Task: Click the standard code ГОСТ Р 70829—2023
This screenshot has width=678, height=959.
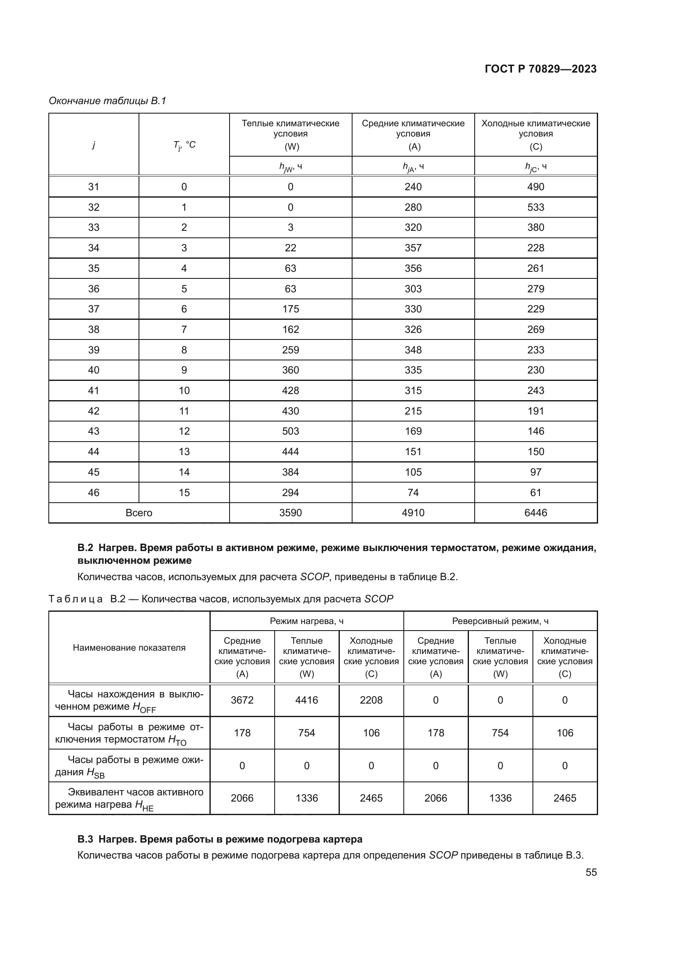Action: (540, 69)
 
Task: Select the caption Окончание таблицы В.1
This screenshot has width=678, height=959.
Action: (107, 101)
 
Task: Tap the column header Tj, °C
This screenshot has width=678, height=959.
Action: (184, 145)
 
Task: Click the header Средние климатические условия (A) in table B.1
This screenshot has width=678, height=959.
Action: (413, 134)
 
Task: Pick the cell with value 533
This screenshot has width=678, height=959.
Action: (535, 207)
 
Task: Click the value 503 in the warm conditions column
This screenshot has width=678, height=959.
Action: (290, 431)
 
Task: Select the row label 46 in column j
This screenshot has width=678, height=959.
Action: (93, 492)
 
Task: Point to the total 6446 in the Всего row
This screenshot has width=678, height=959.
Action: (535, 513)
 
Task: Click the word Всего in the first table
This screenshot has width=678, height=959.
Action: (139, 513)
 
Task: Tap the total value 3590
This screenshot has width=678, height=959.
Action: (290, 513)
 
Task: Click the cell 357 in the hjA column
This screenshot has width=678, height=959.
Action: (413, 248)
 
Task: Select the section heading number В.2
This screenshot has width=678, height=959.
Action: (86, 548)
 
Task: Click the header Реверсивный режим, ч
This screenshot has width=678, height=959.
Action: (500, 621)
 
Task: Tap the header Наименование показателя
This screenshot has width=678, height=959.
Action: (129, 647)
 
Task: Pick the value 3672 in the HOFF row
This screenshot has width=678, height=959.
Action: (242, 700)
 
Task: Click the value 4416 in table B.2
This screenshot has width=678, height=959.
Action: (307, 700)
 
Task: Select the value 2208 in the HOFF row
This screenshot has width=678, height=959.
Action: (371, 700)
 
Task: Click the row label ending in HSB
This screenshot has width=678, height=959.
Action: (129, 765)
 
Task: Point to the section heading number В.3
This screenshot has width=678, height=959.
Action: (86, 839)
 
